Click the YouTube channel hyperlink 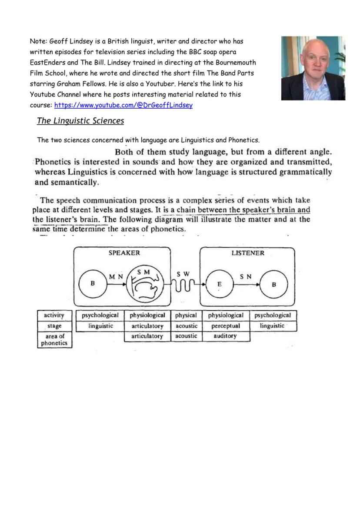(x=123, y=105)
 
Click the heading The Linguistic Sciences (x=80, y=121)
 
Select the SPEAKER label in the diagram (x=124, y=253)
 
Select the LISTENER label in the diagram (x=247, y=253)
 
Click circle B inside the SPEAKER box (x=93, y=283)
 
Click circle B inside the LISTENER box (x=273, y=285)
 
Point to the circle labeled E (x=220, y=284)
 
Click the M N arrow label (x=116, y=276)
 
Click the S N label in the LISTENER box (x=246, y=276)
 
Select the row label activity (x=54, y=315)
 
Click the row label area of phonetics (x=54, y=339)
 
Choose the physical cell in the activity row (x=186, y=315)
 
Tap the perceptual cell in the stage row (x=226, y=325)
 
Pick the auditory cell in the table (x=226, y=336)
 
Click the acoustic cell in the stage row (x=186, y=325)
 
